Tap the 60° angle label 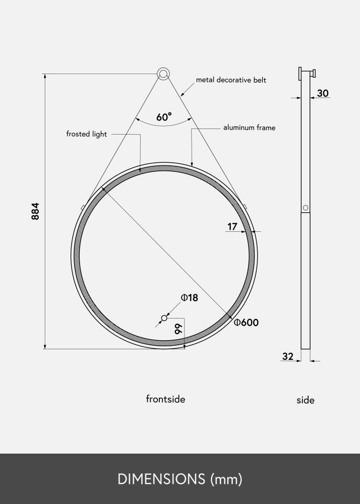(164, 117)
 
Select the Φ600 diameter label (246, 323)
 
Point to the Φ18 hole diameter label (190, 298)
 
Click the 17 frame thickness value (232, 227)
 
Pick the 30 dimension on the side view (323, 93)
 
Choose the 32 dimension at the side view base (288, 356)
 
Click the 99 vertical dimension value (177, 330)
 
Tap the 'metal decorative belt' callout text (231, 80)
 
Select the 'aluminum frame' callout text (249, 128)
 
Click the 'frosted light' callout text (86, 134)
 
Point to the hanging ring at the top (163, 74)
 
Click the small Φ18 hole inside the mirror (164, 318)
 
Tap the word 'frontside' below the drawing (165, 399)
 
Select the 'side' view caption (305, 400)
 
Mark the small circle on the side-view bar (305, 208)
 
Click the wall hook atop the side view (307, 73)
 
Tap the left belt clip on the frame (82, 207)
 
